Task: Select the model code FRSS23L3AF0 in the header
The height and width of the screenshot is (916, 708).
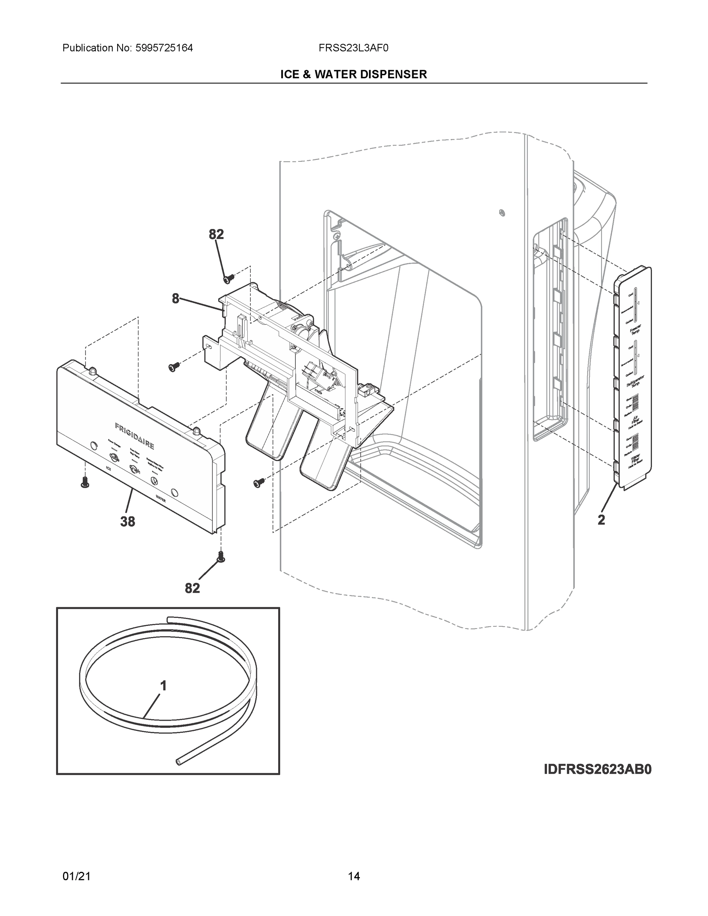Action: click(353, 48)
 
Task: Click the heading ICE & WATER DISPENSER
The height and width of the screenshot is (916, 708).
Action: click(353, 75)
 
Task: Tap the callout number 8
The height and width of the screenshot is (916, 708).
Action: click(175, 298)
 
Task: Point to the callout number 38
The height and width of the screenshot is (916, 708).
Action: click(127, 521)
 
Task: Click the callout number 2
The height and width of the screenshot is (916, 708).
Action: click(601, 520)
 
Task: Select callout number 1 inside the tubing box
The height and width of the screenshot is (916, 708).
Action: click(164, 686)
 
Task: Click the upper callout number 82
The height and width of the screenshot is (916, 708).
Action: click(216, 234)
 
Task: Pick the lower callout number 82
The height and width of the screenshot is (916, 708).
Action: click(192, 589)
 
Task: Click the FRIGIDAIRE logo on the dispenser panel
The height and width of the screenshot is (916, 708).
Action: click(134, 436)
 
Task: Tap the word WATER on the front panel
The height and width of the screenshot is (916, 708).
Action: click(161, 500)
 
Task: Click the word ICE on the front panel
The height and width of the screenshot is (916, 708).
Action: click(109, 468)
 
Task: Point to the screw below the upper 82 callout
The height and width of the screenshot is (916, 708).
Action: click(229, 278)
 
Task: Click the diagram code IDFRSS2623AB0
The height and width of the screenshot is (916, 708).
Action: click(597, 769)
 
